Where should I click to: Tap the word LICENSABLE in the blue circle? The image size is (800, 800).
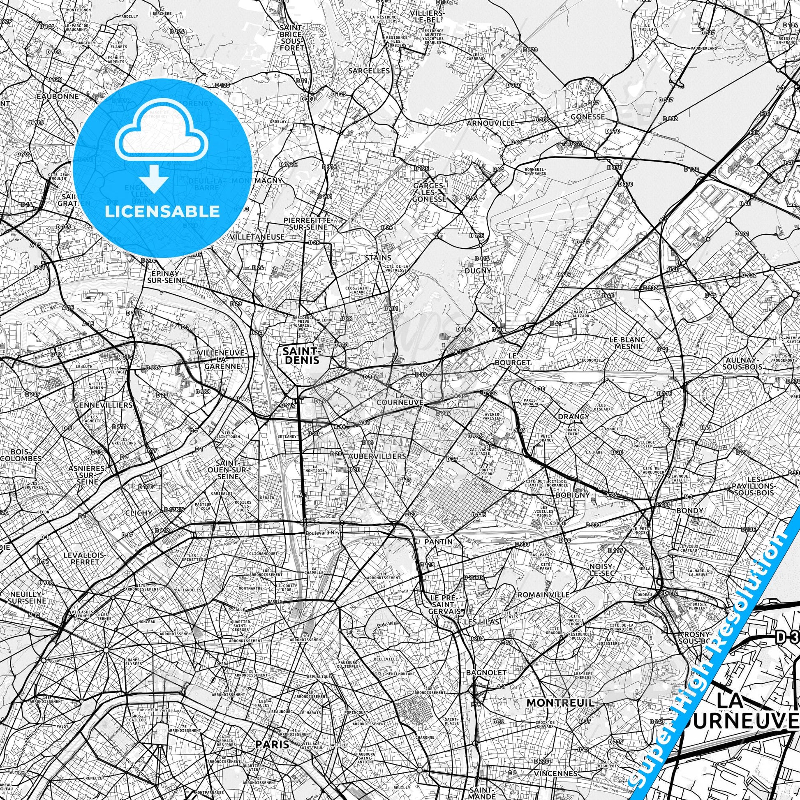coord(162,211)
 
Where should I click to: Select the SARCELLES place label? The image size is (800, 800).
coord(369,71)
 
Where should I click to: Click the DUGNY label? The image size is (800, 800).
coord(477,271)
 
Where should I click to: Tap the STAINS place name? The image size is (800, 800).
coord(378,258)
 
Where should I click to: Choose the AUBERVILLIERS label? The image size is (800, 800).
coord(377,456)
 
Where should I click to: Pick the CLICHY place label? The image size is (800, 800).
coord(139,513)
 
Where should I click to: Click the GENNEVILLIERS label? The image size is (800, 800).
coord(104,405)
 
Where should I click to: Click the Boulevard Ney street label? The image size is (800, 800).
coord(322,533)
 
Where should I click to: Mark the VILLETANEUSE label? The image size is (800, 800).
coord(257,237)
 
